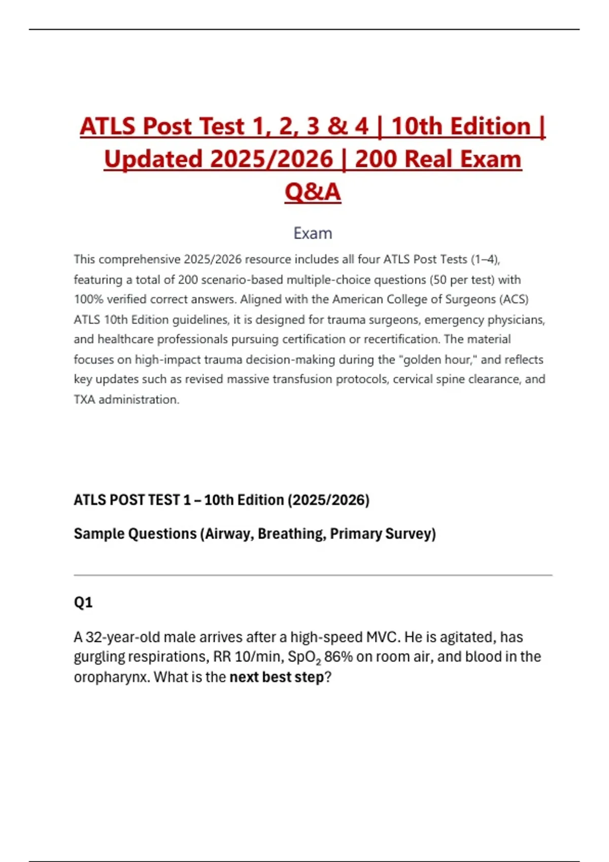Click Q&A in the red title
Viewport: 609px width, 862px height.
point(313,192)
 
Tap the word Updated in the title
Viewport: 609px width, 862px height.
point(154,159)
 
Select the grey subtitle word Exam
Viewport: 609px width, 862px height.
point(313,233)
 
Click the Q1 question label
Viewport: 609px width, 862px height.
point(83,602)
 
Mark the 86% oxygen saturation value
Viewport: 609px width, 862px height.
point(338,657)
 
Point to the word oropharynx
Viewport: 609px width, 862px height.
point(111,677)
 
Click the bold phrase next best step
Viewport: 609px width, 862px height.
point(277,677)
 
